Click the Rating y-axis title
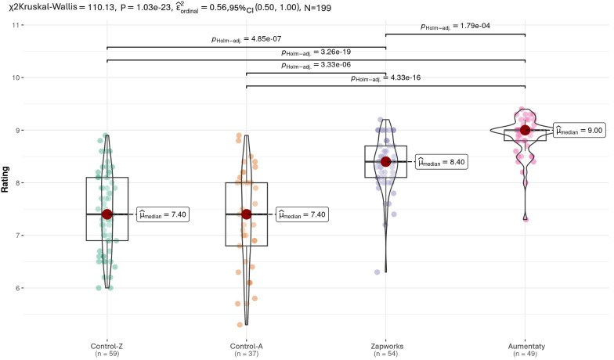coord(5,179)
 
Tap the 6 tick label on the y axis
coord(16,288)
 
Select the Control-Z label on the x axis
coord(107,346)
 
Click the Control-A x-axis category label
coord(246,346)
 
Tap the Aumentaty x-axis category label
coord(526,346)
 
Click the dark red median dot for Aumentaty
coord(525,130)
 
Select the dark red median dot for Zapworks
coord(385,161)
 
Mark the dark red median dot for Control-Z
coord(107,214)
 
